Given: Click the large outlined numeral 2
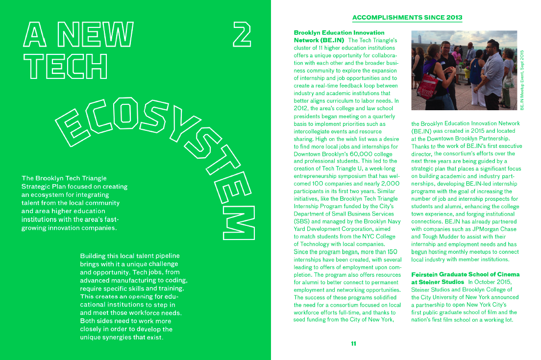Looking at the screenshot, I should coord(242,34).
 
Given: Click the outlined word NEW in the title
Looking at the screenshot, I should coord(95,34).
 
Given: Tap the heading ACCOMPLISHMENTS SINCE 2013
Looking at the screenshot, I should coord(407,18).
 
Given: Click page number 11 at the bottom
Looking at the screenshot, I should coord(353,343).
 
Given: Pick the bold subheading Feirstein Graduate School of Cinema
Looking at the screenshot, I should coord(465,274).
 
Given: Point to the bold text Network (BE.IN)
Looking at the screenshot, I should coord(319,40).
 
